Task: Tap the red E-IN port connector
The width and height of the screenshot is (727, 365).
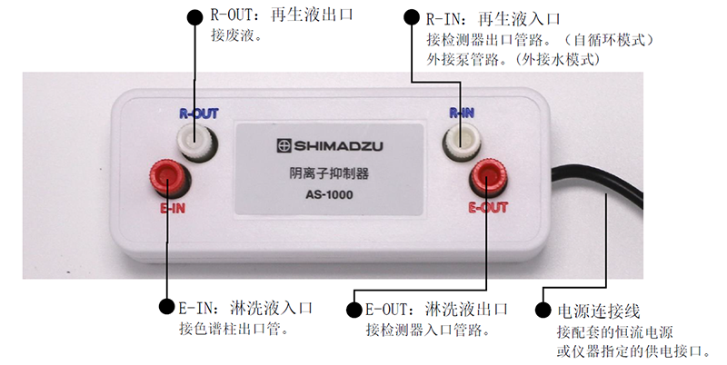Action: [169, 177]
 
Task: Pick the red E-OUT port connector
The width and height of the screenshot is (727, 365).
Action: [489, 176]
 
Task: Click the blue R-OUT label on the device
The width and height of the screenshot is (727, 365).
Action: [198, 113]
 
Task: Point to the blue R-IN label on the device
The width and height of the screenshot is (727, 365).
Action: [462, 113]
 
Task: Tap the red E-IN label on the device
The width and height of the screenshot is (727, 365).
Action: [173, 209]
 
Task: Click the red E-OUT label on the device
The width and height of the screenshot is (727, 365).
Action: [488, 207]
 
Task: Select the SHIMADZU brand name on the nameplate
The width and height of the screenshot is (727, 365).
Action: [338, 146]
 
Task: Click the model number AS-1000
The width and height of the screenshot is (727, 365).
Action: [329, 194]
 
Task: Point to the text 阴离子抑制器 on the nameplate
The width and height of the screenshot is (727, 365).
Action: [329, 173]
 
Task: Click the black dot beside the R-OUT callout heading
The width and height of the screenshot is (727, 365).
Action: [194, 16]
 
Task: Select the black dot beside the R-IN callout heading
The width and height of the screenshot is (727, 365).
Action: [412, 16]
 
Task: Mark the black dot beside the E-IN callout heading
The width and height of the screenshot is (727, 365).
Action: [167, 306]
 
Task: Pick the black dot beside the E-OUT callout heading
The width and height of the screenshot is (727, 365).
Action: [354, 310]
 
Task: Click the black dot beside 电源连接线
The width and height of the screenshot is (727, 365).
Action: [543, 310]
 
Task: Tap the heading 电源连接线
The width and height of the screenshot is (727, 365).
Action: [599, 311]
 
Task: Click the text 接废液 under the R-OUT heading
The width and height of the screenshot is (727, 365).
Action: [232, 35]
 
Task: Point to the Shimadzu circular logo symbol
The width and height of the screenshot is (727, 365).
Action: [284, 146]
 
